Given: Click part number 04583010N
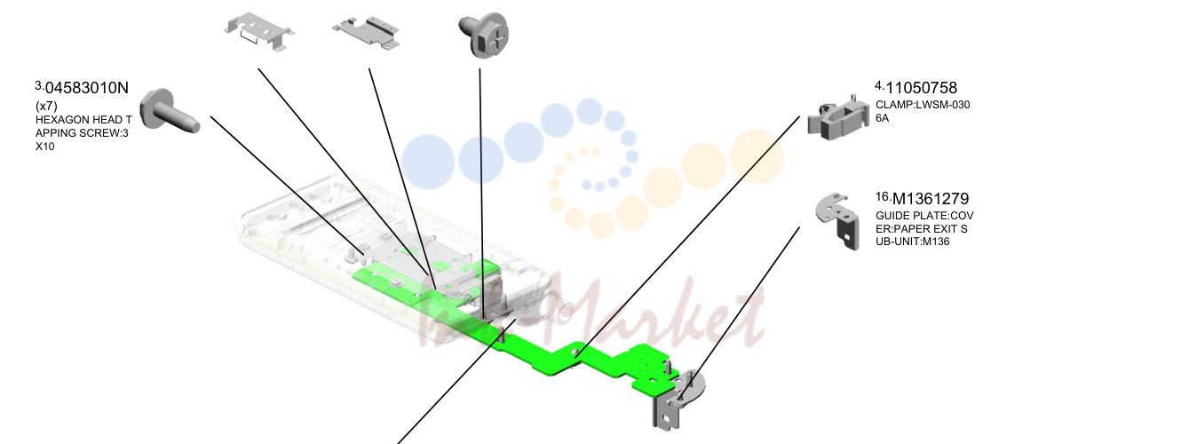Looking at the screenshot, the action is coord(87,88).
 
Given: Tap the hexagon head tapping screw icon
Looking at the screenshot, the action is coord(169,113).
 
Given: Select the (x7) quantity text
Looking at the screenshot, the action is coord(46,106).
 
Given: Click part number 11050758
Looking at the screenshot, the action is coord(921,88).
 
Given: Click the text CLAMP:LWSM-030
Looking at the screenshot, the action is coord(923,105).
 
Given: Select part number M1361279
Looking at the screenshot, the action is coord(931,199).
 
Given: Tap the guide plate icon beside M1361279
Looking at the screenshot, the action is coord(838,220).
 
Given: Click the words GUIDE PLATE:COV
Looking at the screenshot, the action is coord(924,216).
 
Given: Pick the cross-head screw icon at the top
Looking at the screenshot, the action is coord(484,35).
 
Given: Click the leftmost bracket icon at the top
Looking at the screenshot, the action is coord(258,32).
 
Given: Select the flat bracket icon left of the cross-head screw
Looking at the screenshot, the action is coord(366,33).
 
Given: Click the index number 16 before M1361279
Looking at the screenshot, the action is coord(883,197).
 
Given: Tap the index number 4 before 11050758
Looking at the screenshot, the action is coord(880,85).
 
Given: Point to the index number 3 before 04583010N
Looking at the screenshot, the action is coord(39,85).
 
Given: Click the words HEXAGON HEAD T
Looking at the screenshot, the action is coord(83,120).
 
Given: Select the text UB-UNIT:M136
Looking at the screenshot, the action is coord(913,242).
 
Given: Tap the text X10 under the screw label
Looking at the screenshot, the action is coord(44,147).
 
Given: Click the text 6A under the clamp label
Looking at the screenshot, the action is coord(882,118).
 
